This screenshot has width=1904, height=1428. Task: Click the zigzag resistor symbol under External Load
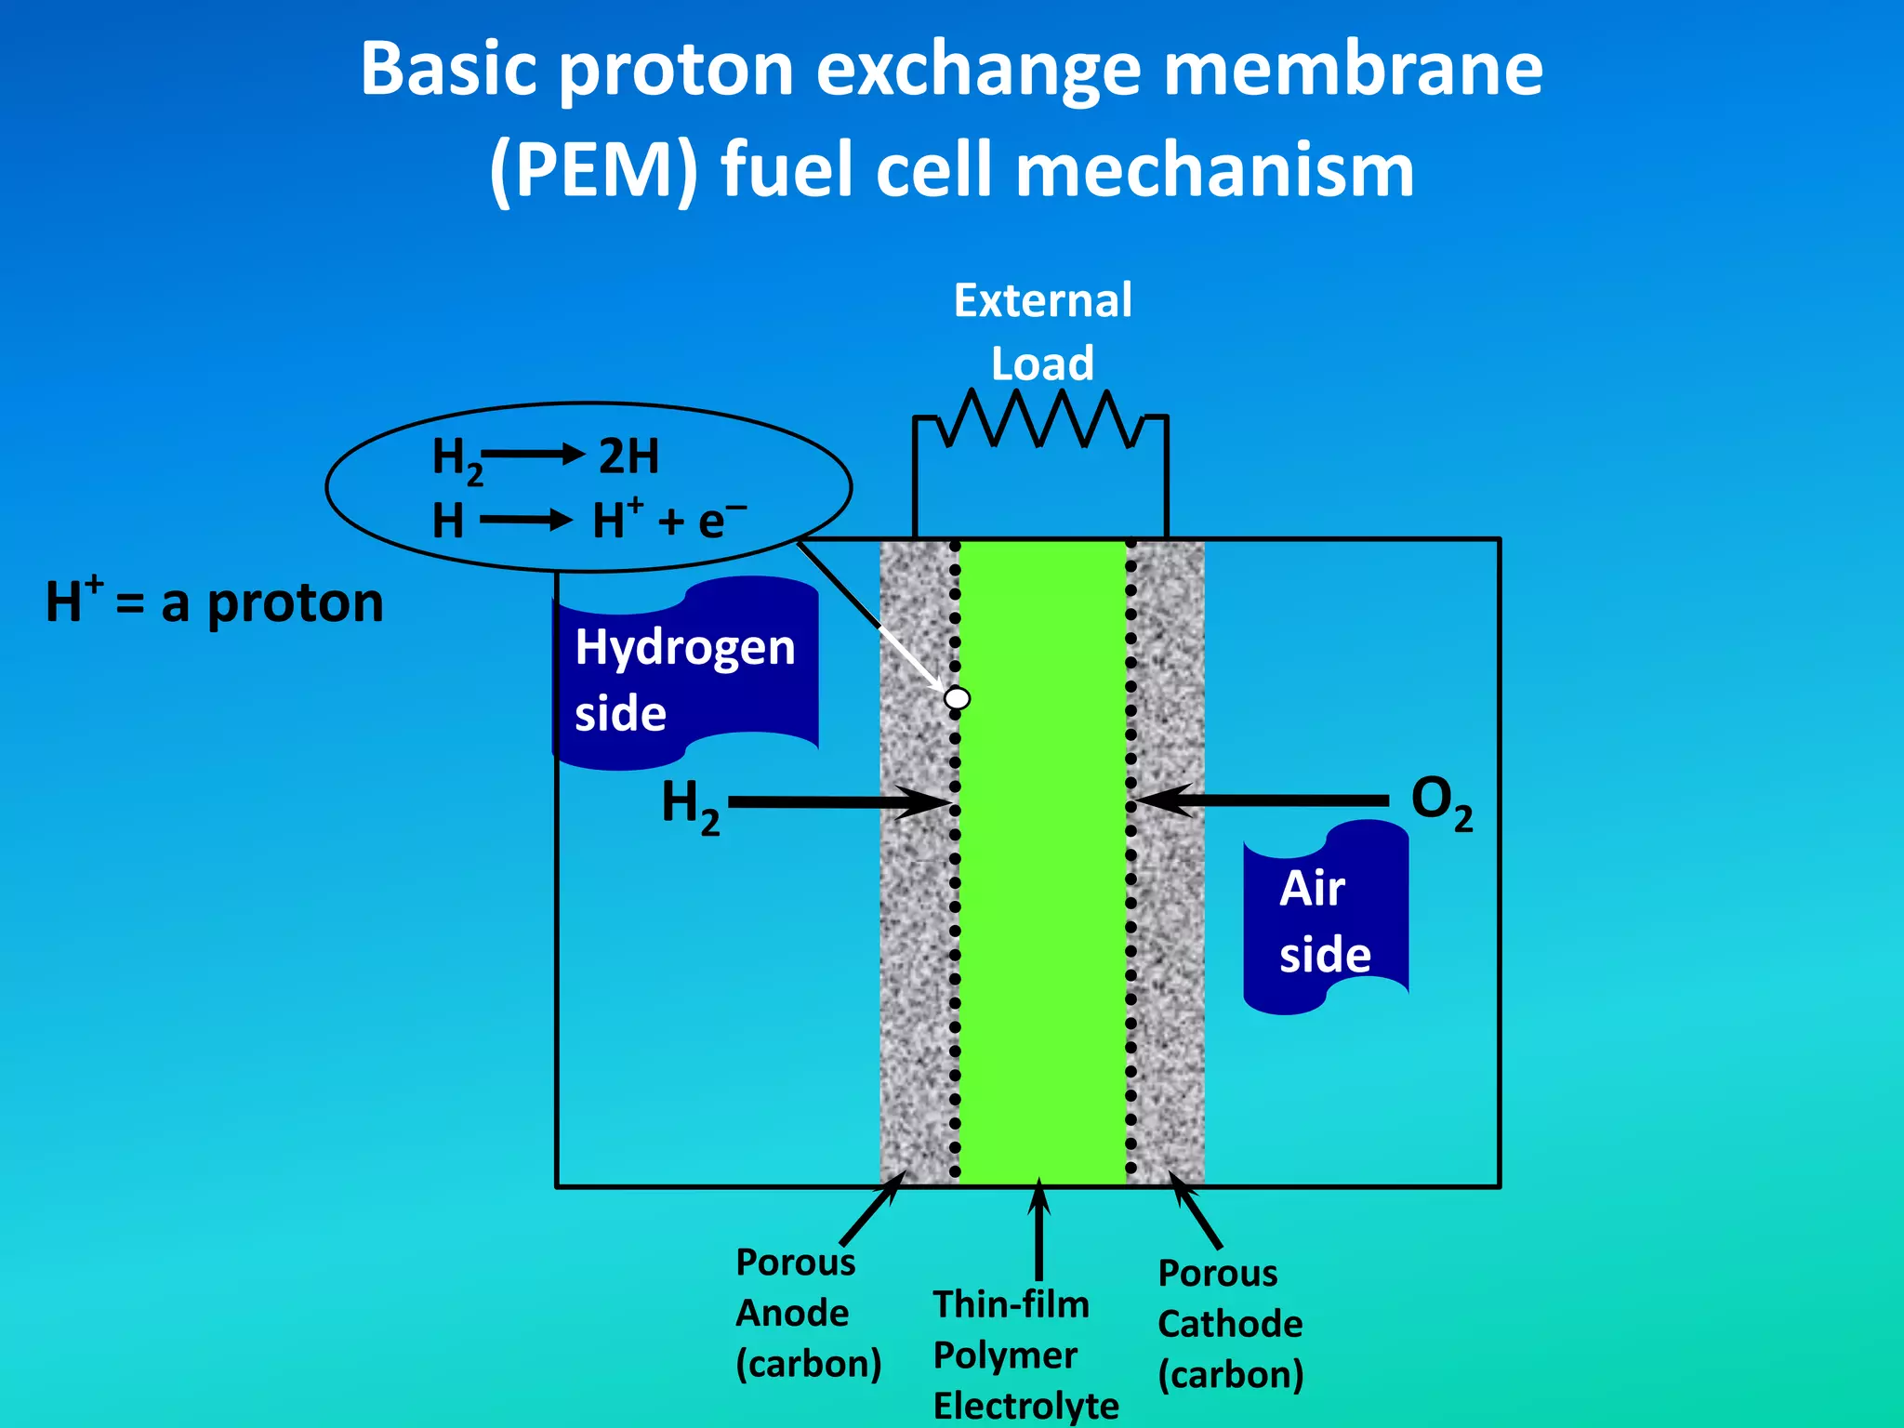tap(1040, 419)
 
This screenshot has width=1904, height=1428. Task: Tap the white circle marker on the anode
tap(957, 697)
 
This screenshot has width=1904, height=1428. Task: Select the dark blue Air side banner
tap(1326, 919)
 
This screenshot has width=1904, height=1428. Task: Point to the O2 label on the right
tap(1440, 802)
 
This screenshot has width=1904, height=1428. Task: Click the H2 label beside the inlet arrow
tap(690, 804)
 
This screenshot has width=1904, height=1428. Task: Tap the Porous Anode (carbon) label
tap(806, 1313)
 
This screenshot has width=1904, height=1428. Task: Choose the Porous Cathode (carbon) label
tap(1229, 1324)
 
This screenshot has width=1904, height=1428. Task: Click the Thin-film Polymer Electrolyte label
tap(1024, 1355)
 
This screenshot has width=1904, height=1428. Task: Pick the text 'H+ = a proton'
tap(215, 602)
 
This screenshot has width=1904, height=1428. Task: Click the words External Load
tap(1042, 331)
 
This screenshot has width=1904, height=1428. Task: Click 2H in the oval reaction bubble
tap(628, 456)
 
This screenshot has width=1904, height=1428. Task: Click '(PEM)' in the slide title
tap(593, 171)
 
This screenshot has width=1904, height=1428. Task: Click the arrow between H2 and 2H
tap(533, 455)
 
